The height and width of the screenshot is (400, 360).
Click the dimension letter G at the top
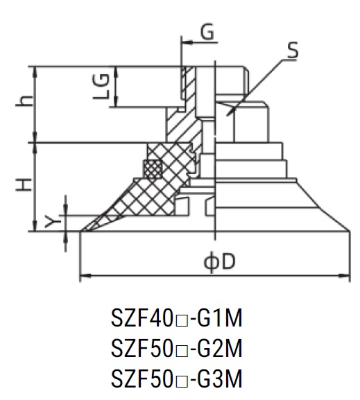[x=207, y=32]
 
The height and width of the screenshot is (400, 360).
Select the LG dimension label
[x=101, y=87]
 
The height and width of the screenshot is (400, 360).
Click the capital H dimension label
[x=24, y=185]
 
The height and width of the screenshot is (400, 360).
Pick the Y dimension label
[x=53, y=221]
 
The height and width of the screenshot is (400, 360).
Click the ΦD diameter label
[x=219, y=262]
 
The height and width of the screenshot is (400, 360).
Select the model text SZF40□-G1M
[x=176, y=318]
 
